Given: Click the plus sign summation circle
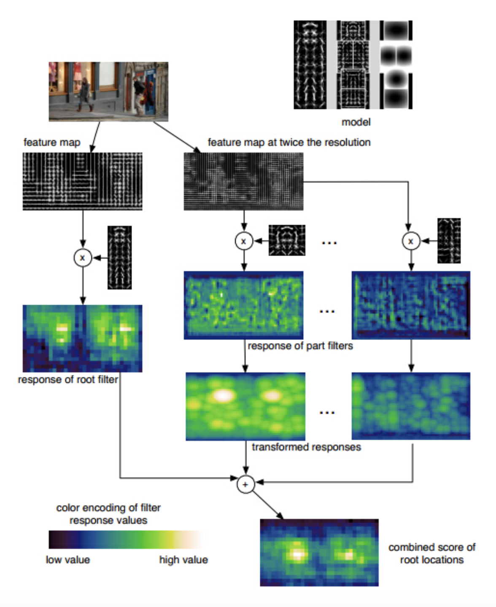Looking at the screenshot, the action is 245,484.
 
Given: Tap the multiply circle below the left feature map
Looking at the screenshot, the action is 83,258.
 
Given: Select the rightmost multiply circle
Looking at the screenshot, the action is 411,241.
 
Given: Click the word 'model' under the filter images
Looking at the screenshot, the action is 356,122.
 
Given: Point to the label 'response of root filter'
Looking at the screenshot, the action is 68,380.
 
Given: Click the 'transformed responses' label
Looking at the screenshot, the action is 306,447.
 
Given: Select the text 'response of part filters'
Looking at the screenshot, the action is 300,346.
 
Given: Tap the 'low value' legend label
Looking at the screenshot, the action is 68,560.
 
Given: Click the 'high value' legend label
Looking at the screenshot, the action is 183,560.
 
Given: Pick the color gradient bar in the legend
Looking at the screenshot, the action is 126,540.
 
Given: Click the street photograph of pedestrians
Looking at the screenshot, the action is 108,91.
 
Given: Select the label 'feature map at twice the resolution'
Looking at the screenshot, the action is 289,142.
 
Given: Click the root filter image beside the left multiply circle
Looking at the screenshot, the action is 119,258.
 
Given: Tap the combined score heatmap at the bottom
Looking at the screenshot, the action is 319,553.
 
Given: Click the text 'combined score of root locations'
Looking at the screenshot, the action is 431,553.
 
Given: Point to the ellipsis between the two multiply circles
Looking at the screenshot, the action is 329,243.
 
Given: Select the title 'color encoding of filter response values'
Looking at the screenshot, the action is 108,514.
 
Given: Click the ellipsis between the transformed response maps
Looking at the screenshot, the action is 327,413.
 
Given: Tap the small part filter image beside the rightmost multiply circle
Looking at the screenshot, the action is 449,241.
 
